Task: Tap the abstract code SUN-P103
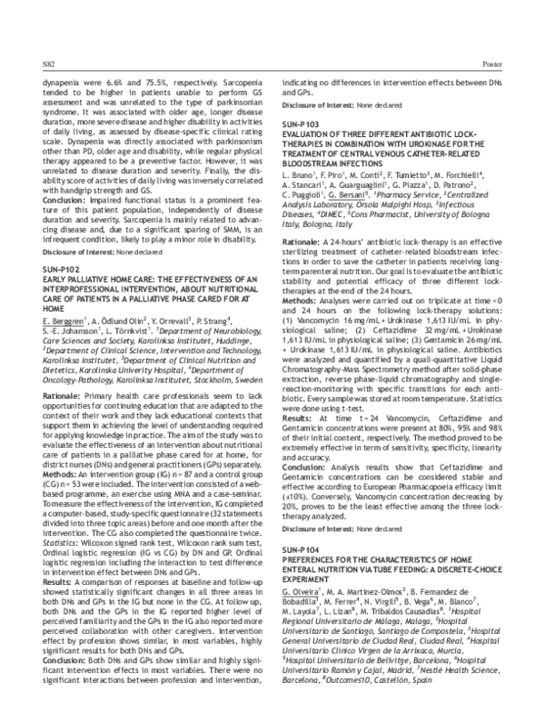(x=303, y=123)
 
